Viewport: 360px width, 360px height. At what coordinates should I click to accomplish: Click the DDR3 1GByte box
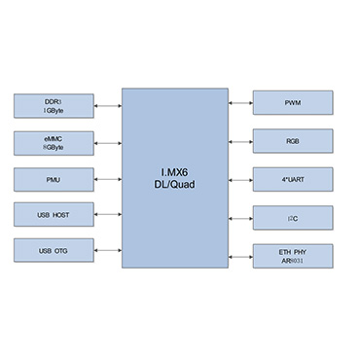coord(54,105)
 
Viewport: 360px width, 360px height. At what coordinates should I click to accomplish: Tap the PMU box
coord(54,179)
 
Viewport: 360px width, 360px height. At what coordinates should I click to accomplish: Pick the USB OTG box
coord(54,250)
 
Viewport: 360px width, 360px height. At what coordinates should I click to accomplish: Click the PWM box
coord(293,101)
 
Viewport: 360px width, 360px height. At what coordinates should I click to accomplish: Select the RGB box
coord(293,140)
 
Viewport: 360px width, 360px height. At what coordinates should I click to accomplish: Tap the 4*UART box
coord(293,178)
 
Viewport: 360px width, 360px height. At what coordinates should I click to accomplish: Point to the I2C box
coord(293,217)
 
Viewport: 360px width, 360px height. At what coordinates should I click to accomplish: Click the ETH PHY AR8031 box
coord(293,255)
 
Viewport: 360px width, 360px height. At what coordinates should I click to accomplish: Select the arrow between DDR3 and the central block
coord(107,105)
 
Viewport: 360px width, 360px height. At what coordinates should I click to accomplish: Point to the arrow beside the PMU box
coord(107,179)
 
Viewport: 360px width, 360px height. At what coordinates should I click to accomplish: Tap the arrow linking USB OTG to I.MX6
coord(107,250)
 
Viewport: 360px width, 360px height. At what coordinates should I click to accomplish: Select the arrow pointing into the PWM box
coord(240,101)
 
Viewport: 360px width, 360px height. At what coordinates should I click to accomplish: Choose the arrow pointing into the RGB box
coord(240,140)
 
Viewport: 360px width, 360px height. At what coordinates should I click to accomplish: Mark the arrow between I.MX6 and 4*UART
coord(240,178)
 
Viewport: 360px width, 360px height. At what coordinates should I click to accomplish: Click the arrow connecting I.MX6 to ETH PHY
coord(240,255)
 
